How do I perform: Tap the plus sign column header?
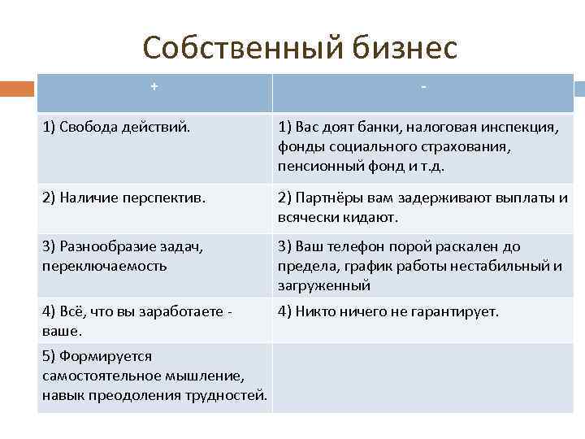[154, 87]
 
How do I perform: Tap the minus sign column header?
[423, 87]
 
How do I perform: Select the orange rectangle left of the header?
[17, 89]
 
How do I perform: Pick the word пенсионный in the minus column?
[315, 166]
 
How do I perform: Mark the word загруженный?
[324, 285]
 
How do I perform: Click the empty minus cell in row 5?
[422, 376]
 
